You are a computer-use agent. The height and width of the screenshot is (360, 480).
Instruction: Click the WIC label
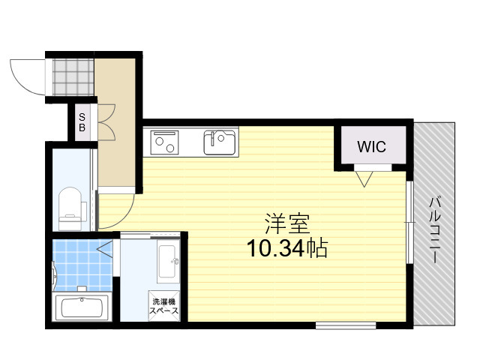(x=372, y=147)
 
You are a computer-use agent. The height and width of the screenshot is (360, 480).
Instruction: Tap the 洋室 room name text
(x=287, y=223)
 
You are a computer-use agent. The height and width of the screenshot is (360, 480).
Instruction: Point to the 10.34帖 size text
(x=287, y=248)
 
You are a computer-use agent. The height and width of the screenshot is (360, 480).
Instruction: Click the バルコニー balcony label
(x=434, y=230)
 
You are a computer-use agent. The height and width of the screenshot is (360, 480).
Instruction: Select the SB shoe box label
(x=82, y=122)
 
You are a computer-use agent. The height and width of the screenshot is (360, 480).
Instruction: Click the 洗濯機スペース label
(x=164, y=307)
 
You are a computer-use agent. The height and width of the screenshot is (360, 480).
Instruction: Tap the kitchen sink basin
(x=220, y=143)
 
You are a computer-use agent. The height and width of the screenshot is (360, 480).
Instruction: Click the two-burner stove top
(x=164, y=142)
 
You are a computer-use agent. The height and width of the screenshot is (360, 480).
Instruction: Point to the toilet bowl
(x=70, y=208)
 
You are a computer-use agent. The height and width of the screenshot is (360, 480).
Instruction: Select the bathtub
(x=82, y=307)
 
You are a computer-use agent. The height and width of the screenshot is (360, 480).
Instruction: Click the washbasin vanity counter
(x=168, y=261)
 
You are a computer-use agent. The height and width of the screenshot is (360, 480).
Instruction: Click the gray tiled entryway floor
(x=73, y=77)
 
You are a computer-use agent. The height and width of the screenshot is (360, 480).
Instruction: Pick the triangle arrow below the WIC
(x=364, y=179)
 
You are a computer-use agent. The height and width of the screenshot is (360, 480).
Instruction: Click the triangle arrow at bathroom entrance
(x=106, y=248)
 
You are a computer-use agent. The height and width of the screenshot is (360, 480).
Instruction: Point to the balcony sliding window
(x=410, y=222)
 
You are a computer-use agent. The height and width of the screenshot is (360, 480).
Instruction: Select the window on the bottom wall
(x=346, y=325)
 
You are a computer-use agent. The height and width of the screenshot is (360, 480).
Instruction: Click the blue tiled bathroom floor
(x=82, y=265)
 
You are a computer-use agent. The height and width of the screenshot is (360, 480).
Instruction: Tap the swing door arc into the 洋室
(x=122, y=215)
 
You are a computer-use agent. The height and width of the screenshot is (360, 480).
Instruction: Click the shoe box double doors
(x=106, y=122)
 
